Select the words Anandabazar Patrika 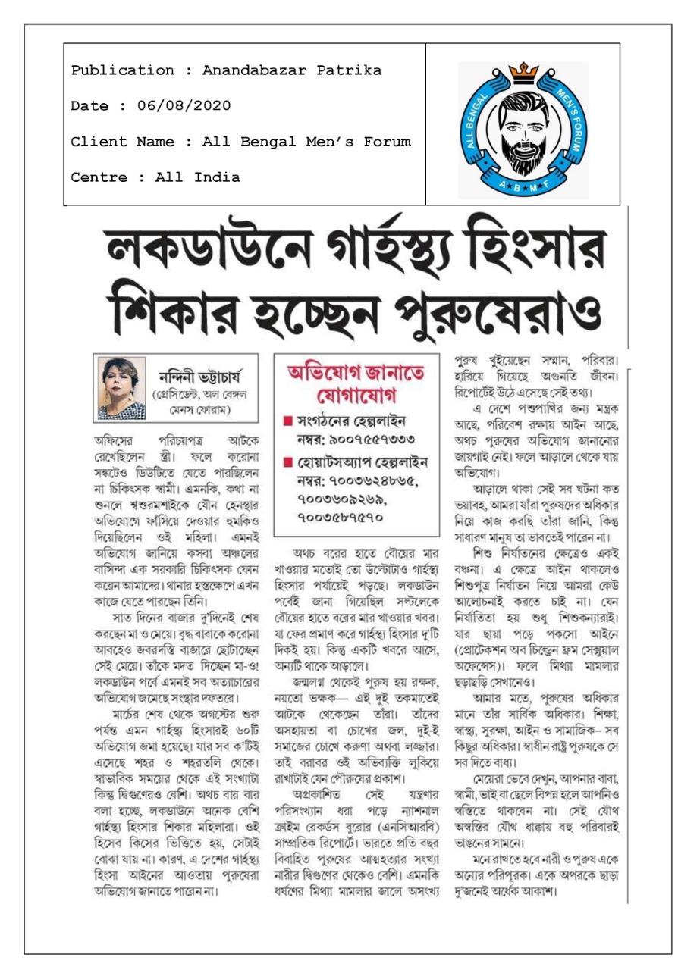pyautogui.click(x=292, y=70)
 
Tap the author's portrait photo pyautogui.click(x=121, y=388)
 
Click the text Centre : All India pyautogui.click(x=155, y=178)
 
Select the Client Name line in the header pyautogui.click(x=240, y=142)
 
